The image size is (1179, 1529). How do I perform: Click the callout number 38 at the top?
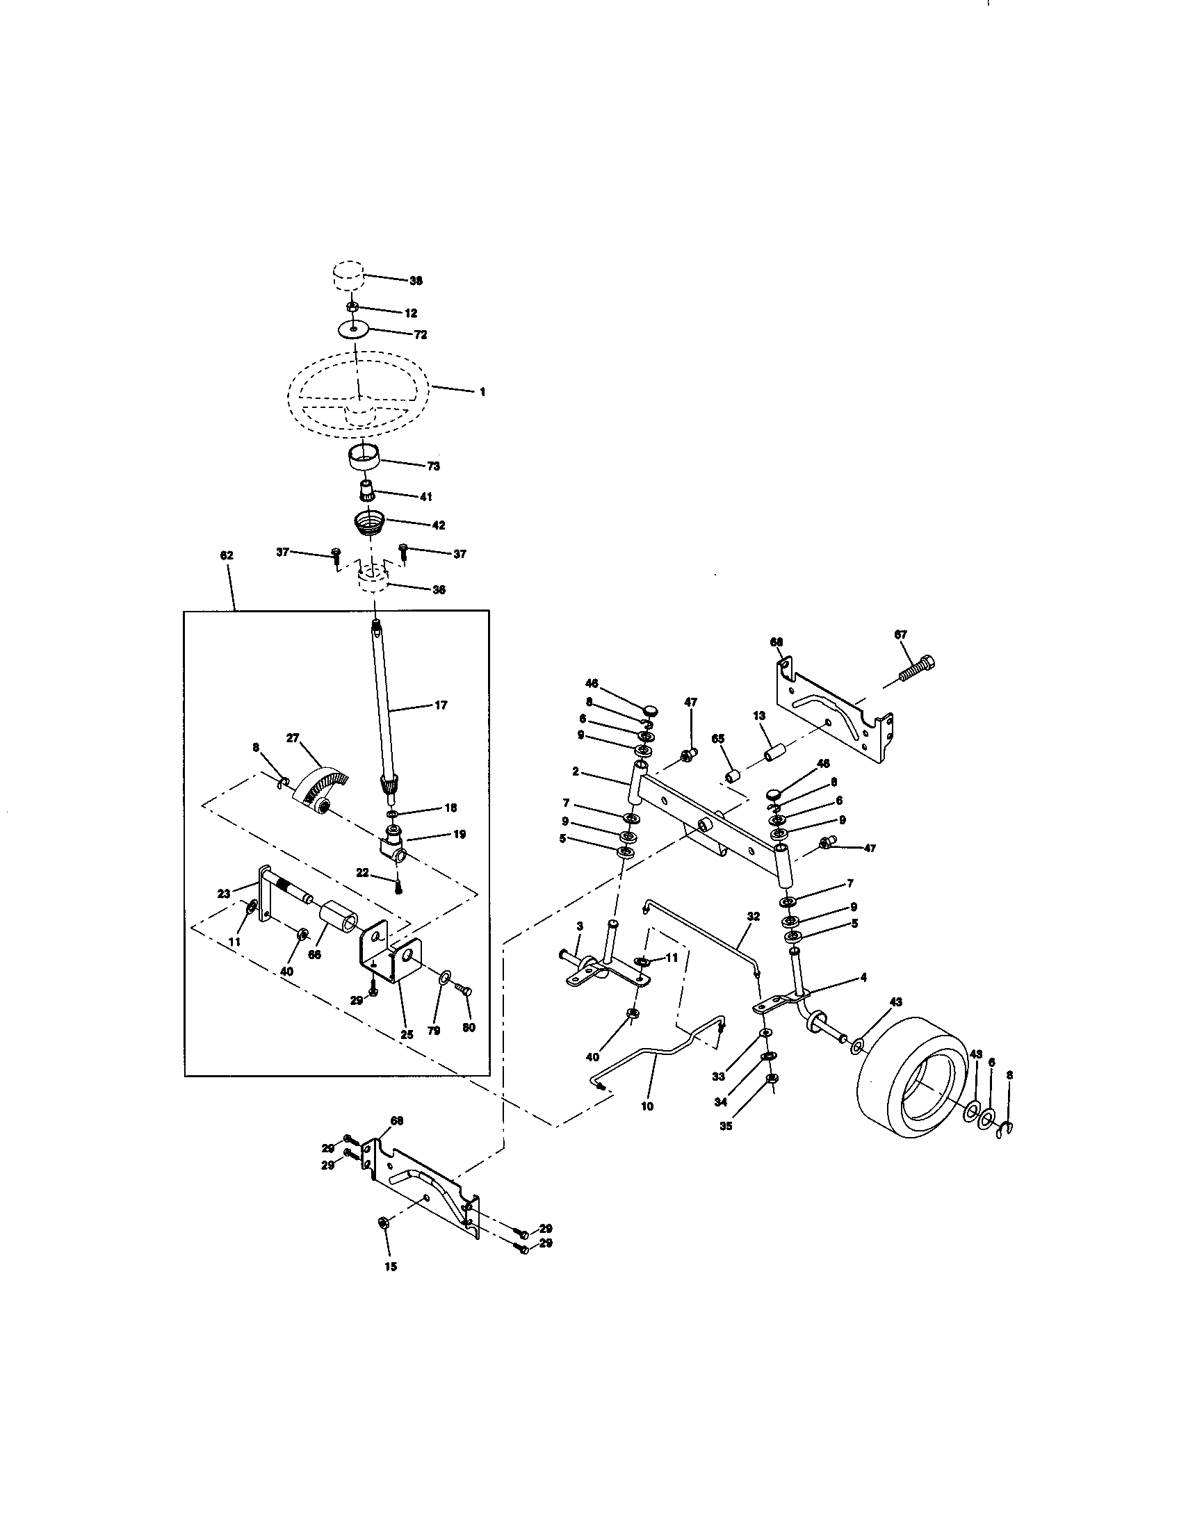coord(416,281)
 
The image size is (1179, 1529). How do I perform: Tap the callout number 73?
coord(433,466)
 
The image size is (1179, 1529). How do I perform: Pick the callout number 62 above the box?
coord(226,555)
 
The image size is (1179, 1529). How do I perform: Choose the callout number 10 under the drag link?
coord(647,1107)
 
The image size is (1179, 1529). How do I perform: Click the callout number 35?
coord(726,1127)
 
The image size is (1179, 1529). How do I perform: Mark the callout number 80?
coord(469,1028)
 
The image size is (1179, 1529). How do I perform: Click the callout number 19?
coord(460,835)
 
